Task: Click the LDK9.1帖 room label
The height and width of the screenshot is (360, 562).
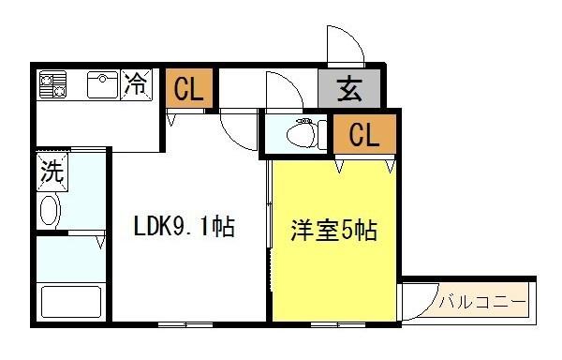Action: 184,227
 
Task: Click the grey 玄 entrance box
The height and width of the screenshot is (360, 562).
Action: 349,91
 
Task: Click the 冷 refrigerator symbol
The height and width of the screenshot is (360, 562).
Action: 137,84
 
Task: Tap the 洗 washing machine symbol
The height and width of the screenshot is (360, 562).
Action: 50,172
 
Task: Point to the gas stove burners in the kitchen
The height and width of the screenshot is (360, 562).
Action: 52,85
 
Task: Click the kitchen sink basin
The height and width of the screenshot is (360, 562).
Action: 102,85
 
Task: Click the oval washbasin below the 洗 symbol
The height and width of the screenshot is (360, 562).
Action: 50,210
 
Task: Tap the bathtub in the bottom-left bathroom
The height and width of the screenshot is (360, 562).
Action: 69,303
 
